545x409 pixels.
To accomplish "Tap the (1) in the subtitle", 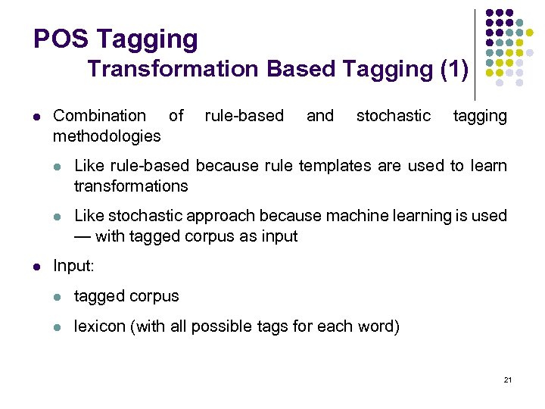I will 454,69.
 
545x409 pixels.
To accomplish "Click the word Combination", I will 99,116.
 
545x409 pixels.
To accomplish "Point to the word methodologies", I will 107,136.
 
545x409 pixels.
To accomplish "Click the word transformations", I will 131,186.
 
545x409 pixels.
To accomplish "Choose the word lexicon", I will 100,327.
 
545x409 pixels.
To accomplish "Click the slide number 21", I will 507,379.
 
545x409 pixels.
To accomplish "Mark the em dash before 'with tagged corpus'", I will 83,236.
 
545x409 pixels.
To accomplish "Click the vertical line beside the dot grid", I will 475,53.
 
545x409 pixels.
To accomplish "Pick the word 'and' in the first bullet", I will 319,116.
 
